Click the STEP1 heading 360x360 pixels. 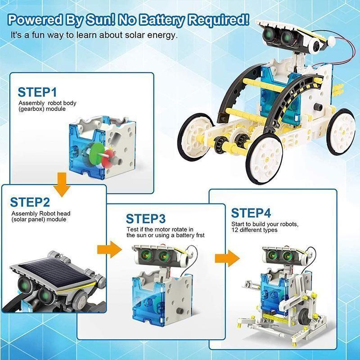point(37,92)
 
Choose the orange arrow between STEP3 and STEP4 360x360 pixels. point(225,257)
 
